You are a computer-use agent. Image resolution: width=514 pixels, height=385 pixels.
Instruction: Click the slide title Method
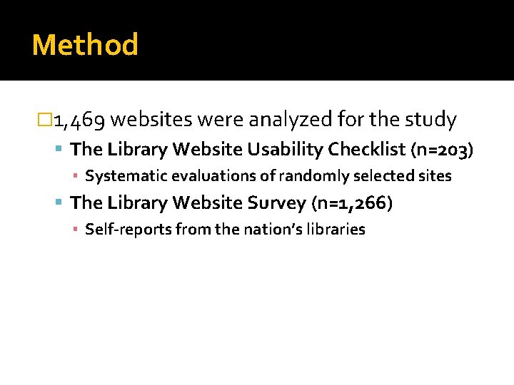[85, 45]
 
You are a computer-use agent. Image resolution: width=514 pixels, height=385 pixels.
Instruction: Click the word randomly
[309, 175]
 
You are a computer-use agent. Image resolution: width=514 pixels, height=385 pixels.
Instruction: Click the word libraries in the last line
[338, 230]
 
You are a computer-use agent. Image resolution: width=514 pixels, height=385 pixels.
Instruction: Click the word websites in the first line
[152, 120]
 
